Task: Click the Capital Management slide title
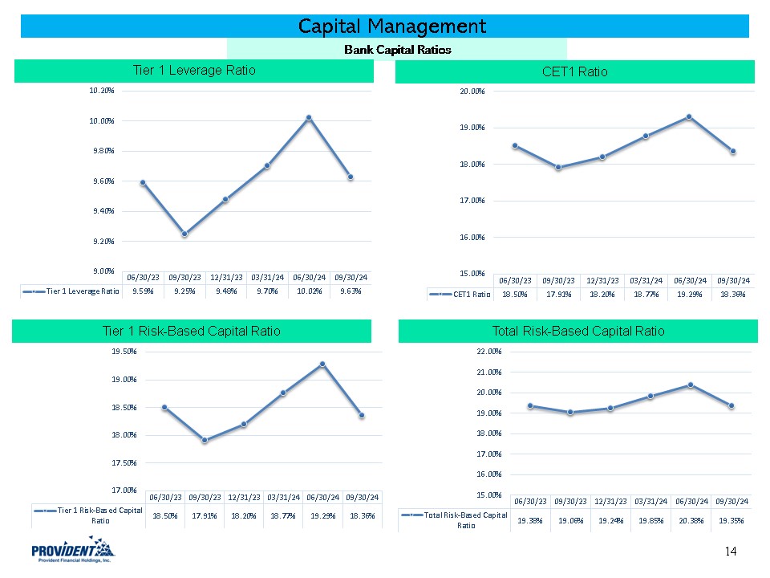click(391, 26)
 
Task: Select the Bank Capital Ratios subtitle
click(397, 50)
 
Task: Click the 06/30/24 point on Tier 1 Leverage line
click(309, 118)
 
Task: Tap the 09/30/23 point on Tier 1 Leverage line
click(184, 234)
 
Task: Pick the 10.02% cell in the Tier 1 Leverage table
click(309, 291)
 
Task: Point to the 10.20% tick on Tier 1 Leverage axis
click(102, 91)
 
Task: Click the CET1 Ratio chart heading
click(574, 72)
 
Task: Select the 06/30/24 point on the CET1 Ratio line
click(688, 116)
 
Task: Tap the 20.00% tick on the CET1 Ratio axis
click(471, 92)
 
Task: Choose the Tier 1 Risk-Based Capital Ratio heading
click(191, 331)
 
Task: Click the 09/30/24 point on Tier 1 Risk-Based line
click(362, 415)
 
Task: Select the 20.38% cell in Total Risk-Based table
click(690, 519)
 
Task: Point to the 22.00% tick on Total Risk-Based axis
click(488, 352)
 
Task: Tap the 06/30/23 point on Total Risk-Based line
click(530, 405)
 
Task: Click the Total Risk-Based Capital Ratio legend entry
click(454, 519)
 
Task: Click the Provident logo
click(73, 552)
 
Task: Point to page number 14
click(730, 551)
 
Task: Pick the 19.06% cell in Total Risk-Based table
click(570, 519)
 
